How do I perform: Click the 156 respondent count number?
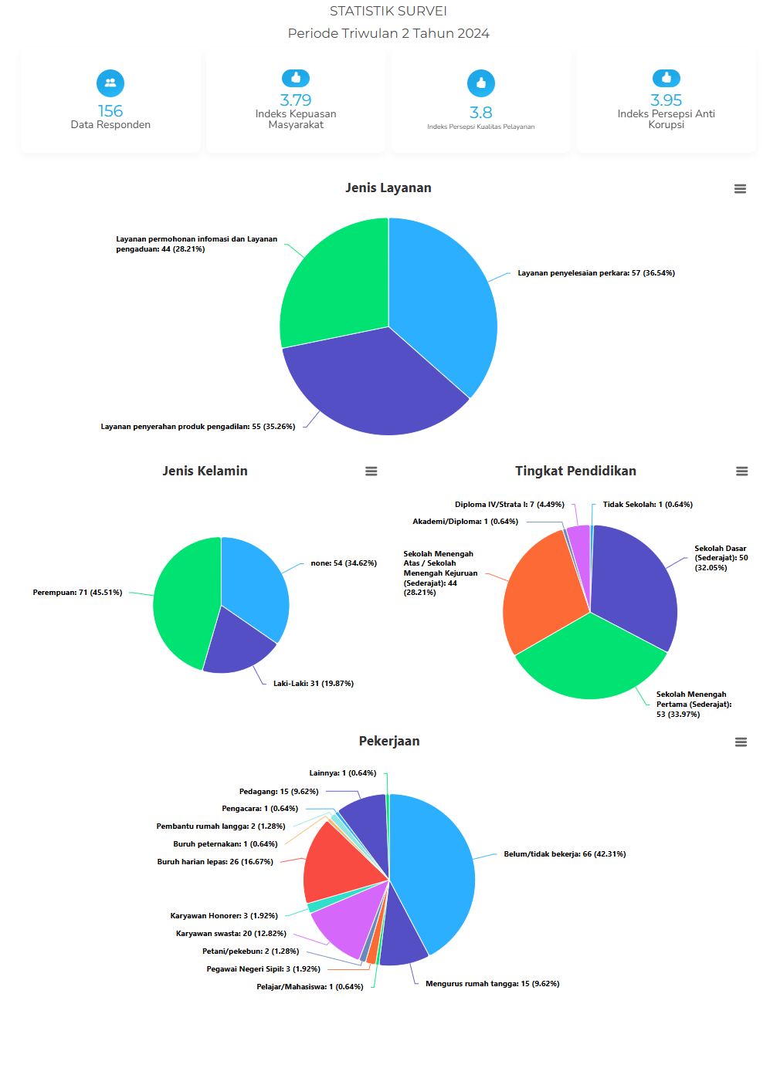tap(110, 111)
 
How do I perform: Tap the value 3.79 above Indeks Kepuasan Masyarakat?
tap(296, 100)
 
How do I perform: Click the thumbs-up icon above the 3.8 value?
tap(481, 83)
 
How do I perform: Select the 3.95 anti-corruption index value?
tap(666, 100)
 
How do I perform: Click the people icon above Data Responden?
tap(110, 83)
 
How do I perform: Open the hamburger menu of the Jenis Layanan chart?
tap(740, 189)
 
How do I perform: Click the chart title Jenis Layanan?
tap(388, 188)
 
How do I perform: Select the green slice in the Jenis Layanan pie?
tap(336, 282)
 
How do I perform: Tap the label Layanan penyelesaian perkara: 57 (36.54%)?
tap(595, 273)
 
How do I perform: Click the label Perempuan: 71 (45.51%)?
tap(77, 593)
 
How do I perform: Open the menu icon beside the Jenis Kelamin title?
tap(371, 471)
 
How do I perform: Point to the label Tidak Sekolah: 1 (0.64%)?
tap(647, 505)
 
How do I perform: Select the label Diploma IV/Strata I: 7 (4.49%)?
tap(509, 505)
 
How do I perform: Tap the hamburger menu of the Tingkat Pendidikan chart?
tap(741, 471)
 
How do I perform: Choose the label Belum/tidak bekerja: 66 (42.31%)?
tap(565, 854)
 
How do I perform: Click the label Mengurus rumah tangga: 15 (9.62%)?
tap(492, 984)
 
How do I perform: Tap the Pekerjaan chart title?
tap(389, 741)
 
